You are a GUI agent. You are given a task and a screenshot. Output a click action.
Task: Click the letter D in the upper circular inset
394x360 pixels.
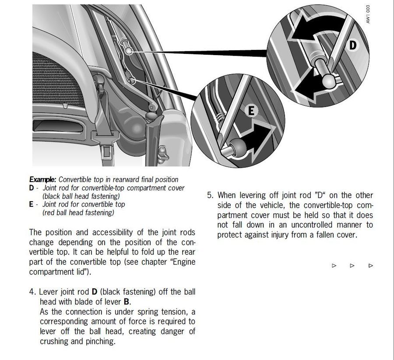[352, 45]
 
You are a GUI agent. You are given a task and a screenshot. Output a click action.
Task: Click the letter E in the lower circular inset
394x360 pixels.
[251, 111]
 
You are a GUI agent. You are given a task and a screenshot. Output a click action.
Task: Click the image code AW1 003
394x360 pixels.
[369, 14]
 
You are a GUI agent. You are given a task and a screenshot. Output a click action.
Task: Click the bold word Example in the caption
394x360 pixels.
[42, 179]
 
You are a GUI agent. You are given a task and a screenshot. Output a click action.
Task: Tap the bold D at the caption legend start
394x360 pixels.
[32, 188]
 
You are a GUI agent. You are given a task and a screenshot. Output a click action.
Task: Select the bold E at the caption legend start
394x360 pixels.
[32, 204]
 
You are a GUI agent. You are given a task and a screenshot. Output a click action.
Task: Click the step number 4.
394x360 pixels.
[32, 291]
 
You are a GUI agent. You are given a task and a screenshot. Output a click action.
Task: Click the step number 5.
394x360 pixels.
[210, 195]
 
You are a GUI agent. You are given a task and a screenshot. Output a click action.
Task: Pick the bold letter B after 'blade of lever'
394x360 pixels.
[127, 301]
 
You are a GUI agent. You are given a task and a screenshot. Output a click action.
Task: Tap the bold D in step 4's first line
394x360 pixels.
[94, 291]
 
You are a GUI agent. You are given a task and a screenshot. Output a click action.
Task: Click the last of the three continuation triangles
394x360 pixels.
[371, 266]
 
